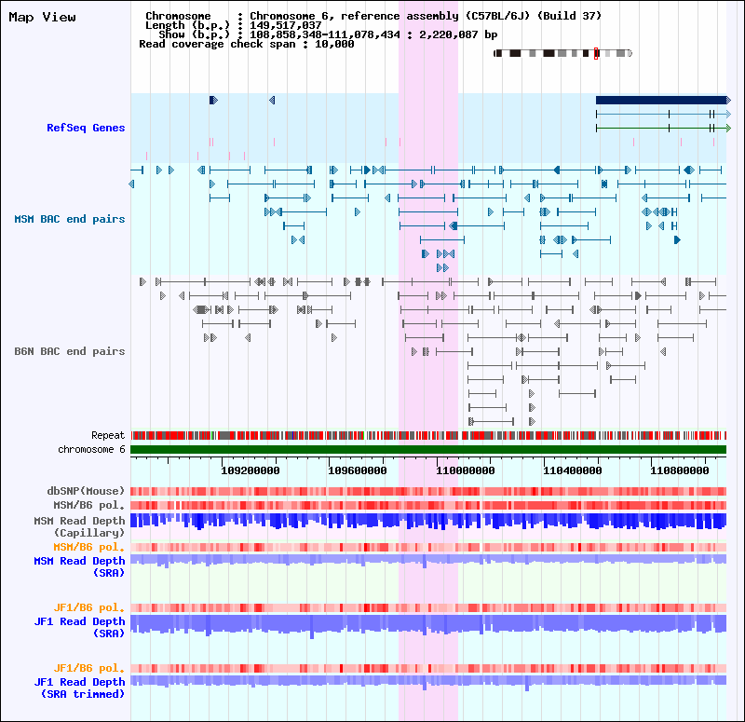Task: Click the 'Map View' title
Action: point(43,17)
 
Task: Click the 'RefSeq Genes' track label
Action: point(86,128)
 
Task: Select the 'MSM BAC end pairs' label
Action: point(70,219)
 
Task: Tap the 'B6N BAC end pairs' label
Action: point(70,351)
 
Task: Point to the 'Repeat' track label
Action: point(108,435)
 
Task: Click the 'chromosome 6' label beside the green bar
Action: point(91,449)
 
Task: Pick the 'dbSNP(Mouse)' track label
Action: point(87,490)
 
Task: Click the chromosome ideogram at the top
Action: point(562,53)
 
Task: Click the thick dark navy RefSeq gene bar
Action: point(660,100)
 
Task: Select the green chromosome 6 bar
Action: point(428,450)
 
